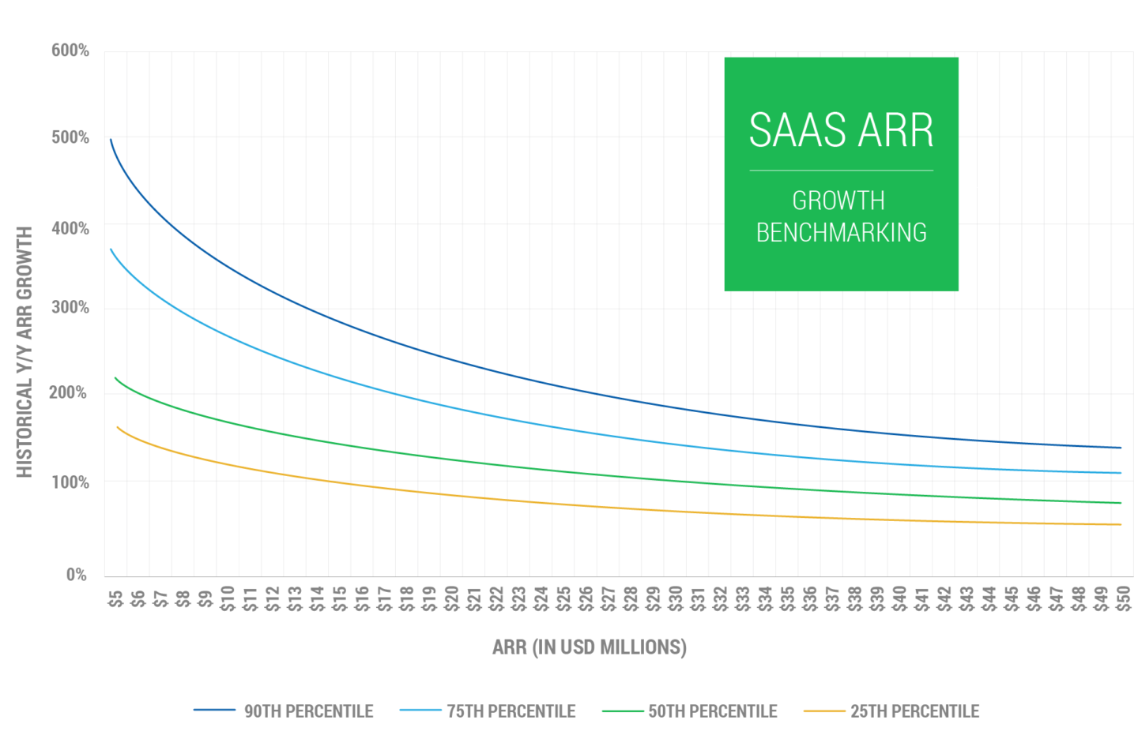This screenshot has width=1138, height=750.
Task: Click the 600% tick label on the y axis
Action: click(x=70, y=51)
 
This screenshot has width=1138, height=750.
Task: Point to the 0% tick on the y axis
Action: click(x=77, y=575)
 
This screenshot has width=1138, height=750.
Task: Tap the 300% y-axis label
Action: click(x=70, y=307)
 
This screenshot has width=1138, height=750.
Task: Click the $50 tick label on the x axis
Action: click(x=1123, y=598)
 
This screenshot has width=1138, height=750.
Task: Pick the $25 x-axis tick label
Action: click(x=563, y=598)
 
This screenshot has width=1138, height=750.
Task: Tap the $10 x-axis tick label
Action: click(x=228, y=598)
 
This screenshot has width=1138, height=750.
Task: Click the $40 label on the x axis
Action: click(x=899, y=598)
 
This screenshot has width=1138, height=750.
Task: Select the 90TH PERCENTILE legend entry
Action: click(x=308, y=711)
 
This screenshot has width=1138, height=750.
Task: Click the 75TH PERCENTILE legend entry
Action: click(x=511, y=711)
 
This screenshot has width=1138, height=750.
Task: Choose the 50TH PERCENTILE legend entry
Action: click(x=713, y=711)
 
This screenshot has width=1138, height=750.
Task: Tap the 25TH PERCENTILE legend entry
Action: click(x=914, y=711)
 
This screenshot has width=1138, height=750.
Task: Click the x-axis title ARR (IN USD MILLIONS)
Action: click(x=590, y=647)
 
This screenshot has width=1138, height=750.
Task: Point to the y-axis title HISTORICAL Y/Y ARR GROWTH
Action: click(x=24, y=352)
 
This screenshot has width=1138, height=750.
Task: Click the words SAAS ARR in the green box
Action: click(x=841, y=130)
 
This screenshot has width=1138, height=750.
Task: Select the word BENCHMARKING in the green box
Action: click(x=841, y=233)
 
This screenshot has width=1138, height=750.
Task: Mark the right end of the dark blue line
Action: click(x=1121, y=448)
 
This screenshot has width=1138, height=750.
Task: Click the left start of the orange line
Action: click(x=118, y=427)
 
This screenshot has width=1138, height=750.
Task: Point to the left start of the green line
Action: click(x=115, y=378)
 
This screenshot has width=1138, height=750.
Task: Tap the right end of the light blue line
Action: click(x=1121, y=473)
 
